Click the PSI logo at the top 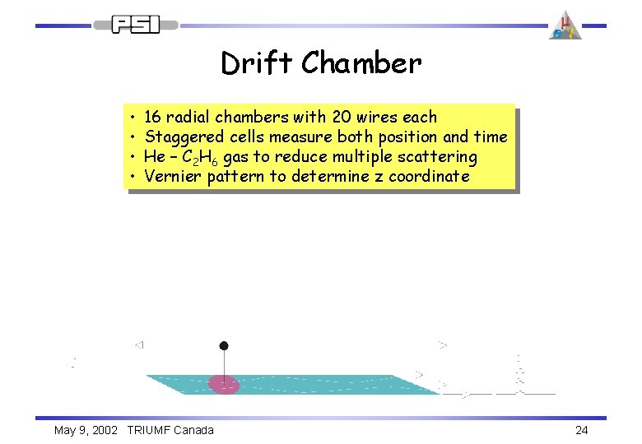(x=137, y=24)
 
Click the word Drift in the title (x=256, y=63)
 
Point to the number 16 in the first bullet (x=152, y=117)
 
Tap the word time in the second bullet (x=491, y=136)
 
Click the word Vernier (x=173, y=176)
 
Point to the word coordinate (x=428, y=176)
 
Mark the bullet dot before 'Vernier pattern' (x=132, y=176)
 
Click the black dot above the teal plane (x=223, y=346)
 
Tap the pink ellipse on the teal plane (x=223, y=384)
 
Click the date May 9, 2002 (x=86, y=430)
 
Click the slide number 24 (x=582, y=430)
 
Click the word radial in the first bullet (x=188, y=117)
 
